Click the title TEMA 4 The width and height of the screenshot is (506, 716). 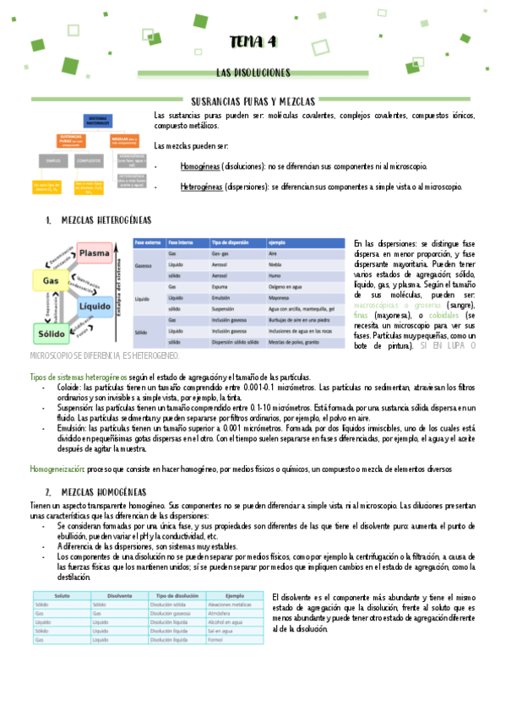pyautogui.click(x=253, y=43)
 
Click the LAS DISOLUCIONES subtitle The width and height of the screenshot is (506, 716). pyautogui.click(x=253, y=73)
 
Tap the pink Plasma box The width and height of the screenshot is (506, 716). pyautogui.click(x=101, y=252)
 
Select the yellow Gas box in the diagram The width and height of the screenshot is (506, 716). pyautogui.click(x=50, y=279)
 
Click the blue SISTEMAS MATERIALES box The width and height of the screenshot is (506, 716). pyautogui.click(x=99, y=122)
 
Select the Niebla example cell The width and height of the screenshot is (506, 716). pyautogui.click(x=278, y=264)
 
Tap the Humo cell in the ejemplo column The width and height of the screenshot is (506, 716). pyautogui.click(x=277, y=275)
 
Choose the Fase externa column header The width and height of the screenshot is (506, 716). pyautogui.click(x=150, y=242)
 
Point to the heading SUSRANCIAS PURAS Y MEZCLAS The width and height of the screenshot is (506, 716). pyautogui.click(x=253, y=100)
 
